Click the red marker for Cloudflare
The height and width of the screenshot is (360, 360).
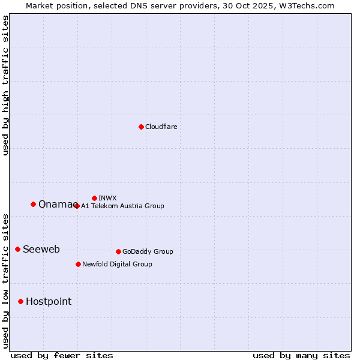141,127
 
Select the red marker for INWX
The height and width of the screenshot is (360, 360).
94,198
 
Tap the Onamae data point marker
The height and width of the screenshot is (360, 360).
33,204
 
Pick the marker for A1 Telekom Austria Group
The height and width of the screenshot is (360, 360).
76,206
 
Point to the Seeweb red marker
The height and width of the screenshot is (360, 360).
17,249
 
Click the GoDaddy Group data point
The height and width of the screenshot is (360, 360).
118,251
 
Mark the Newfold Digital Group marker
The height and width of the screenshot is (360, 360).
78,264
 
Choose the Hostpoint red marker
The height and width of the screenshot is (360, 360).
20,301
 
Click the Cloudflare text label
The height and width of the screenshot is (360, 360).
161,127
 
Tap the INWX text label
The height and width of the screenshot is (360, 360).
107,198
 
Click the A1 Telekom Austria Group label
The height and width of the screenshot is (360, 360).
122,206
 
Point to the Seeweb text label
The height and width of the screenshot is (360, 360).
41,249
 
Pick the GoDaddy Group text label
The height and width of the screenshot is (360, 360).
148,251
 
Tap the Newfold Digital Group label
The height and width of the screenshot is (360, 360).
117,264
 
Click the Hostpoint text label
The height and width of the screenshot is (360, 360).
48,301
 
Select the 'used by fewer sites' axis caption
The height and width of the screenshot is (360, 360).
62,355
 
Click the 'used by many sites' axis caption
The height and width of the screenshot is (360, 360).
301,355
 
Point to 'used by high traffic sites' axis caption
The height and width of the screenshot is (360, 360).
5,85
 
